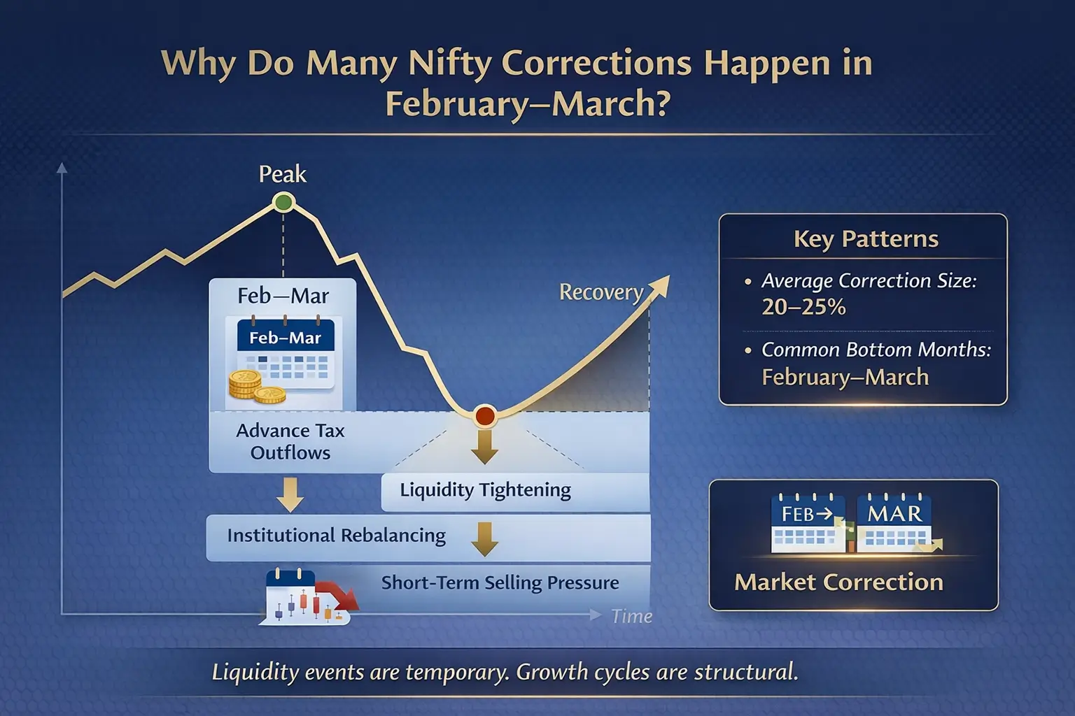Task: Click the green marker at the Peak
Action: [x=283, y=203]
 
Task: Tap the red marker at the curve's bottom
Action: [x=485, y=417]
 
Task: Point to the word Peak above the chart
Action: [x=282, y=174]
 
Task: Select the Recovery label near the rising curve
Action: [x=600, y=292]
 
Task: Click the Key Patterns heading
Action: [x=866, y=239]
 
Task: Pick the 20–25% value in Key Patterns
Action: [x=803, y=307]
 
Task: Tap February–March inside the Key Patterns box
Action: [x=845, y=378]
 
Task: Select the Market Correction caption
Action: [x=838, y=582]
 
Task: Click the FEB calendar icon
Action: [x=808, y=523]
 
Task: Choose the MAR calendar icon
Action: [x=894, y=523]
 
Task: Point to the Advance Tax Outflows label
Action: [x=290, y=441]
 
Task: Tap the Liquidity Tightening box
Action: [x=485, y=490]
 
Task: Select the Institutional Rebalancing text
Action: [x=336, y=536]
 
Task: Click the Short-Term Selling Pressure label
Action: [x=500, y=582]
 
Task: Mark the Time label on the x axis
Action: [x=631, y=616]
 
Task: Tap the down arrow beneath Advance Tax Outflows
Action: [x=290, y=494]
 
